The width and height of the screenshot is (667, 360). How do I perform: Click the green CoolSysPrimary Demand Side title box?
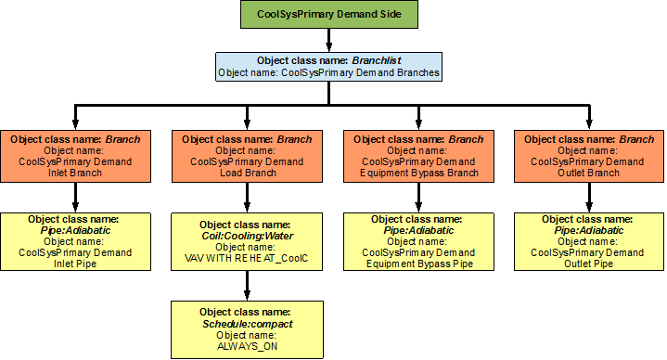[329, 15]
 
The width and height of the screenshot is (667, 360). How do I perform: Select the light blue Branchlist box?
[328, 66]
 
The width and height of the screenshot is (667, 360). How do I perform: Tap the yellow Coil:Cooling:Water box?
[247, 241]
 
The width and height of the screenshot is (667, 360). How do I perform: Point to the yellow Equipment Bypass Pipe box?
[418, 241]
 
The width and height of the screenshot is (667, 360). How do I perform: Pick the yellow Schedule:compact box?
[247, 328]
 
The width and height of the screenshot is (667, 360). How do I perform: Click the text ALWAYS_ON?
[247, 346]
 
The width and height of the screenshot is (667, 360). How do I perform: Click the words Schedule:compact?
[247, 323]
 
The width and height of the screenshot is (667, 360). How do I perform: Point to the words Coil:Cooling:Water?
[247, 236]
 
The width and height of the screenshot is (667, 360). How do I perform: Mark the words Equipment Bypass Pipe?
[418, 264]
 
